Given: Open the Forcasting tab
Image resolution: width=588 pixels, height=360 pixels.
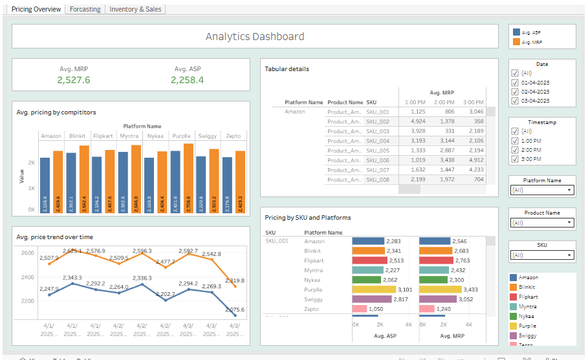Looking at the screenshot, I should point(85,9).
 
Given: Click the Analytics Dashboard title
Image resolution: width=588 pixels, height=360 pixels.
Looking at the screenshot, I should point(254,37).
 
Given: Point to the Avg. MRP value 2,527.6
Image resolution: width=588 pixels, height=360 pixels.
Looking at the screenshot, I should point(73,80).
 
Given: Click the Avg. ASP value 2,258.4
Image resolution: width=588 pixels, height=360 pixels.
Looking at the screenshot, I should point(188,80).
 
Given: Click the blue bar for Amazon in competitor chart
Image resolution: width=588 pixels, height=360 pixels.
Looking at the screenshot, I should point(45,184).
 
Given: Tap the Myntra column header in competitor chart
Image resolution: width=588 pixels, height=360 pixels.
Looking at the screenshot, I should point(129,136).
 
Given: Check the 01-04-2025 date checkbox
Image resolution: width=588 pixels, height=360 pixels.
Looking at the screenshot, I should point(515,83).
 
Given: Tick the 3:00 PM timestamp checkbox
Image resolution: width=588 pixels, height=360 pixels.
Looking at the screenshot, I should point(515,159).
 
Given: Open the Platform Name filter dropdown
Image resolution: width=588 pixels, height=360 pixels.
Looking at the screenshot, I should point(541,190).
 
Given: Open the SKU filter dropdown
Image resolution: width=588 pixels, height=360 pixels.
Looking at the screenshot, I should point(541,255).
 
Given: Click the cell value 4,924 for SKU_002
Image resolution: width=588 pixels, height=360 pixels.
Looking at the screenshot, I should point(417,122).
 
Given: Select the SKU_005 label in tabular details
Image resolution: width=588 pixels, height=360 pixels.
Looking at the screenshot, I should point(378,151).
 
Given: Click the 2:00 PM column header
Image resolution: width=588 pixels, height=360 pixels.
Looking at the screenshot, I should point(444,103).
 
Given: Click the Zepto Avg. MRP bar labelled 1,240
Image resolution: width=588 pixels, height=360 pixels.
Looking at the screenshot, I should point(426,309).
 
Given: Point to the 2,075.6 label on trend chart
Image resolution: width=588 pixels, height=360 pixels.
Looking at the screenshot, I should point(235,310).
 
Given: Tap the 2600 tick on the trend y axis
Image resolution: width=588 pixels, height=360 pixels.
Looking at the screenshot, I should point(27,253).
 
